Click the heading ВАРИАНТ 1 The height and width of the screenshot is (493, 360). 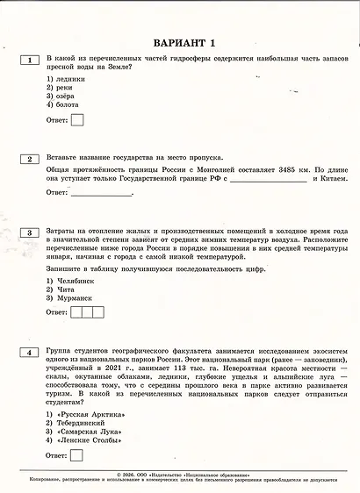tap(183, 42)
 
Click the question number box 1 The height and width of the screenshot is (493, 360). tap(30, 60)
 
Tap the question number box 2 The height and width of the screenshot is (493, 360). tap(30, 159)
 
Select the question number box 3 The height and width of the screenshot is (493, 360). tap(30, 232)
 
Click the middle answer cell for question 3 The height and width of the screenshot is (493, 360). tap(87, 312)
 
